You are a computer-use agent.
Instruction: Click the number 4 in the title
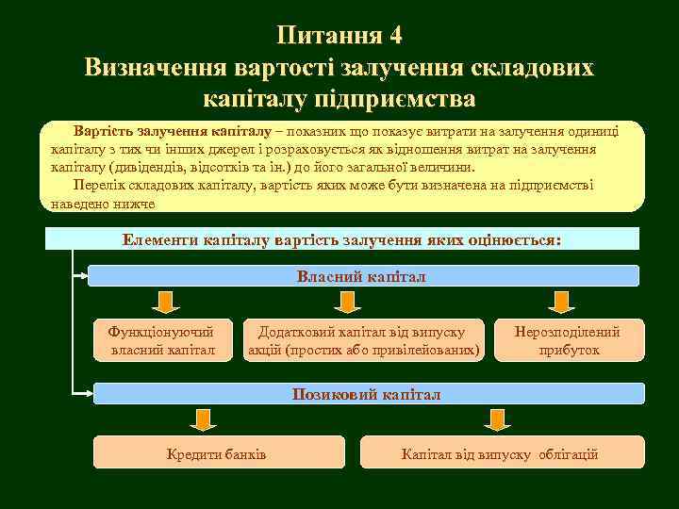pyautogui.click(x=393, y=36)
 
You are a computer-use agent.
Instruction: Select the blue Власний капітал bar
pyautogui.click(x=362, y=276)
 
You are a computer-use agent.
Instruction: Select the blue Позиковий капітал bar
pyautogui.click(x=367, y=394)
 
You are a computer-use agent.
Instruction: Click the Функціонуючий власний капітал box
pyautogui.click(x=162, y=340)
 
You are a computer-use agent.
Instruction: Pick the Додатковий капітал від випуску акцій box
pyautogui.click(x=363, y=340)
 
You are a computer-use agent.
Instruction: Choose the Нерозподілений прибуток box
pyautogui.click(x=568, y=340)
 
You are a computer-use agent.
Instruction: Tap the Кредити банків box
pyautogui.click(x=216, y=453)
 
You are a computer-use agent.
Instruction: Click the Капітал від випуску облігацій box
pyautogui.click(x=500, y=453)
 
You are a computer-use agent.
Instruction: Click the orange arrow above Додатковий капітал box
pyautogui.click(x=346, y=302)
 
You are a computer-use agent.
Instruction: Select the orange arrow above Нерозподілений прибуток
pyautogui.click(x=563, y=302)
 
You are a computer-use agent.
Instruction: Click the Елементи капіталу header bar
pyautogui.click(x=341, y=239)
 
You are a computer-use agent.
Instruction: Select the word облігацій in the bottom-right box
pyautogui.click(x=568, y=454)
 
